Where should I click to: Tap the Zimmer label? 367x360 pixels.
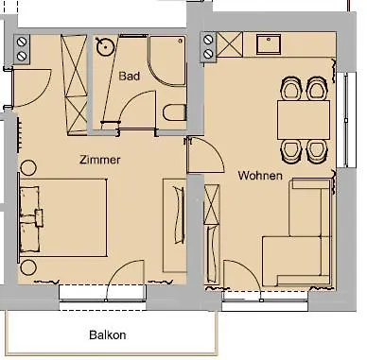click(x=100, y=160)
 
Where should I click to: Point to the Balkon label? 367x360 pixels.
click(x=107, y=334)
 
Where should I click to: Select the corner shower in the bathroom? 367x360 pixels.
click(x=166, y=55)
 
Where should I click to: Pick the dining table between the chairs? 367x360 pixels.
click(x=303, y=119)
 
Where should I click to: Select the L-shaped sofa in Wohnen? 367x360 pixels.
click(x=298, y=236)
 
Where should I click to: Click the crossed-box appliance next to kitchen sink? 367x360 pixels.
click(x=229, y=43)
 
